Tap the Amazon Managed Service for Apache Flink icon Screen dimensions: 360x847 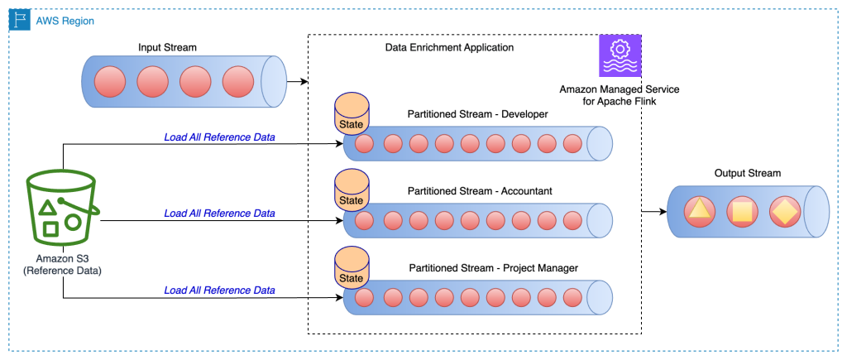pyautogui.click(x=620, y=56)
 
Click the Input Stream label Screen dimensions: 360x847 pyautogui.click(x=162, y=46)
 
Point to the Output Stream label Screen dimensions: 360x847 pyautogui.click(x=747, y=173)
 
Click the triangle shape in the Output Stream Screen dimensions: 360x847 pyautogui.click(x=700, y=213)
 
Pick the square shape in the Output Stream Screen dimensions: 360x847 pyautogui.click(x=742, y=213)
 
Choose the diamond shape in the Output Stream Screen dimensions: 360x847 pyautogui.click(x=784, y=213)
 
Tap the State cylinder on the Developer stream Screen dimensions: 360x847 pyautogui.click(x=352, y=117)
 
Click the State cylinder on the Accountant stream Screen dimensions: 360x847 pyautogui.click(x=352, y=194)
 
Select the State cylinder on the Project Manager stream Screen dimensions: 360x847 pyautogui.click(x=352, y=271)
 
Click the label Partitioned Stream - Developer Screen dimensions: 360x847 pyautogui.click(x=477, y=113)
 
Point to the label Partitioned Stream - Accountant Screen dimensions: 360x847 pyautogui.click(x=480, y=191)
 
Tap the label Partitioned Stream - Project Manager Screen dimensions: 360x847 pyautogui.click(x=493, y=268)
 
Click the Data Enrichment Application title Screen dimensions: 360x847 pyautogui.click(x=449, y=48)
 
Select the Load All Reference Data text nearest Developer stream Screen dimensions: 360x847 pyautogui.click(x=219, y=137)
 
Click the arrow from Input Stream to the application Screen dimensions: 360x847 pyautogui.click(x=296, y=82)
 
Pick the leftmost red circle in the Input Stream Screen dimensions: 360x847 pyautogui.click(x=110, y=82)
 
